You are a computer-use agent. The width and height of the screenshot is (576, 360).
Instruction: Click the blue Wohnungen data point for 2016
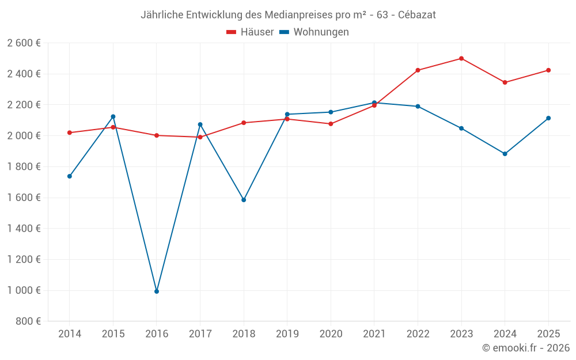[157, 291]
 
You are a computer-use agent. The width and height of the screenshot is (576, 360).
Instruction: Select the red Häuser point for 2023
[461, 58]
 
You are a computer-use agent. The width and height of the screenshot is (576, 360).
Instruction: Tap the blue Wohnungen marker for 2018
[244, 200]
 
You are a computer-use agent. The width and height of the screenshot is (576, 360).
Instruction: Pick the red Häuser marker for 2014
[70, 132]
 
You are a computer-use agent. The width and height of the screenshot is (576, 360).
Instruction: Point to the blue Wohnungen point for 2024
[505, 154]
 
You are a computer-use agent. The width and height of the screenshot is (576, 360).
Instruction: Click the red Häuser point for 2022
[418, 70]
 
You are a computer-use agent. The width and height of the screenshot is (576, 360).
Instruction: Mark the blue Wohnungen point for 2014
[70, 176]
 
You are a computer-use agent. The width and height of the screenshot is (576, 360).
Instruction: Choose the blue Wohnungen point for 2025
[548, 118]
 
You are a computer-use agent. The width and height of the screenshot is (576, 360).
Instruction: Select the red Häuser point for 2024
[505, 82]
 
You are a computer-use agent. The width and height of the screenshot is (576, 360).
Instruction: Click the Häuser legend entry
[250, 32]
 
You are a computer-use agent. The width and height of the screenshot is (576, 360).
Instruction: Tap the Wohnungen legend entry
[314, 32]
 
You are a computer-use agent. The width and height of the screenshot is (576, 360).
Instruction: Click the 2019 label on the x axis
[287, 334]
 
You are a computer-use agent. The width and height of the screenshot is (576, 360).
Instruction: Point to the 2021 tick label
[374, 334]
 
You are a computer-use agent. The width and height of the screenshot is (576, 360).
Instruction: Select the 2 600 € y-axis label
[24, 43]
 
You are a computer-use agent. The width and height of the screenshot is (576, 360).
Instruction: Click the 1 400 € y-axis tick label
[24, 229]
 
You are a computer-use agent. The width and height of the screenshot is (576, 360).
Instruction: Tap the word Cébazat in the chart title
[417, 15]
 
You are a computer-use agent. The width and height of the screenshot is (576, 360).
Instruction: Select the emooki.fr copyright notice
[526, 348]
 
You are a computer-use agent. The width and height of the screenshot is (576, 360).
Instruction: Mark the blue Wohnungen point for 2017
[200, 124]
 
